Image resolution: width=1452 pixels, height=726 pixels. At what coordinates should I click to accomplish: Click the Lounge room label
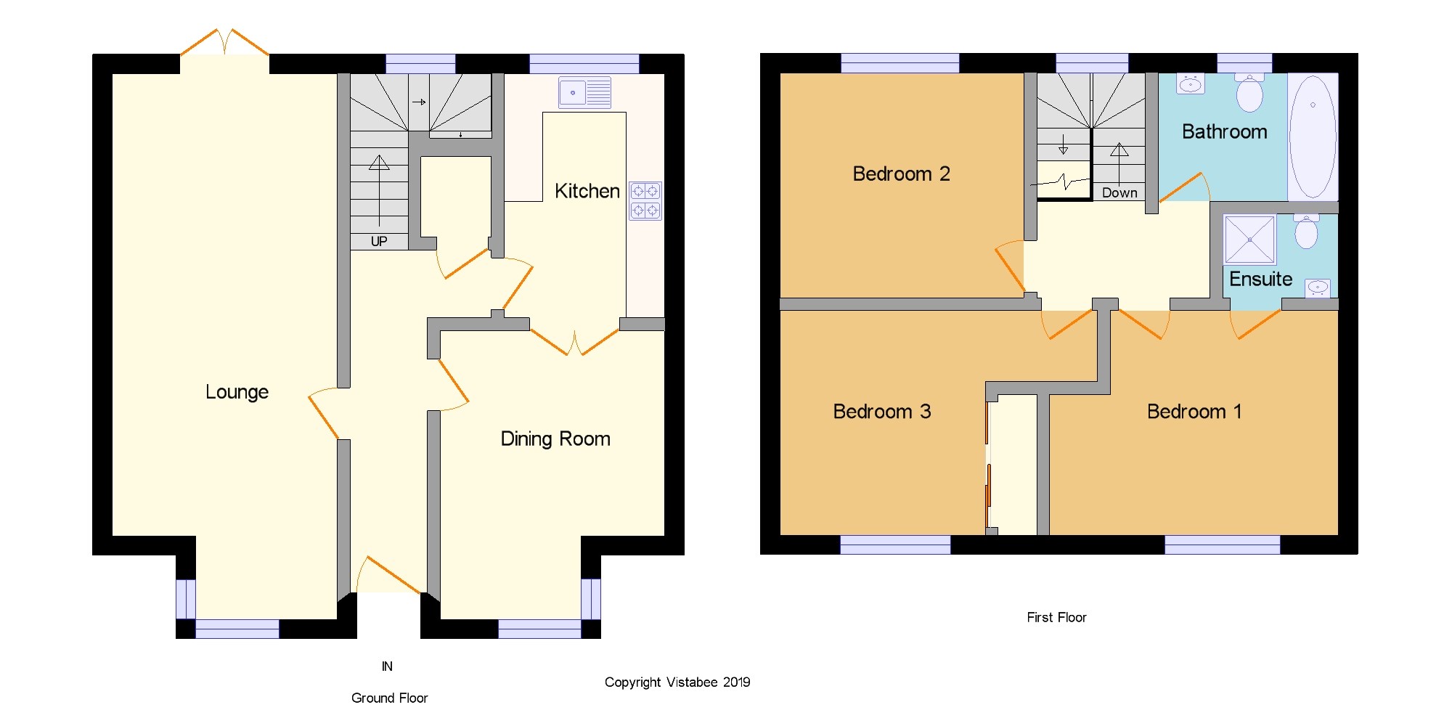click(x=237, y=392)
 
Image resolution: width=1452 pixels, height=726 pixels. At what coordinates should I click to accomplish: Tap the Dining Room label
click(x=555, y=439)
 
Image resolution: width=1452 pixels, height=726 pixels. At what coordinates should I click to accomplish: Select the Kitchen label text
click(x=587, y=191)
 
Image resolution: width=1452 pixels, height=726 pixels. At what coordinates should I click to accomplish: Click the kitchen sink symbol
click(x=584, y=93)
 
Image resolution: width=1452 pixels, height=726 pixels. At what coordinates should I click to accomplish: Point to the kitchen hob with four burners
click(x=645, y=200)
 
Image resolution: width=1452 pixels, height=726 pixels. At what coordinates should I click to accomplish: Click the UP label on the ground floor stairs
click(x=379, y=241)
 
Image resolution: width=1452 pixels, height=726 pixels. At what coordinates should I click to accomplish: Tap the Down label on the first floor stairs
click(x=1119, y=193)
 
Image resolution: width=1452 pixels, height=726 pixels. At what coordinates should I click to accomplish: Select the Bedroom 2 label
click(x=901, y=174)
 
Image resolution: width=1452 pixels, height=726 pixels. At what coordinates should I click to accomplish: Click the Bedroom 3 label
click(x=881, y=412)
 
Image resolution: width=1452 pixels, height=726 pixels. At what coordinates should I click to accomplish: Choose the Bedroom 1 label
click(x=1194, y=412)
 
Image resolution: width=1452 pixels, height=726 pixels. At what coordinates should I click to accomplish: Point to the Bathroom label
click(x=1224, y=131)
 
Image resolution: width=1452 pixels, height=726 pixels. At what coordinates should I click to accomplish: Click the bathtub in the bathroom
click(x=1313, y=136)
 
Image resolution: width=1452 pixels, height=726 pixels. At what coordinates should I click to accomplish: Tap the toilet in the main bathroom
click(x=1249, y=92)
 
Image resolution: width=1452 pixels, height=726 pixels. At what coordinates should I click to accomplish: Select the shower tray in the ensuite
click(x=1249, y=240)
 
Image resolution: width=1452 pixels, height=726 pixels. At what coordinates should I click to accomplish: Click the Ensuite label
click(x=1260, y=280)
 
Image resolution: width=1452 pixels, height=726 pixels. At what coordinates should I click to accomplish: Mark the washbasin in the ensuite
click(x=1318, y=287)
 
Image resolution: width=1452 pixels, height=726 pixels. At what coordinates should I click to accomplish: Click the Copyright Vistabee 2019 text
click(x=677, y=682)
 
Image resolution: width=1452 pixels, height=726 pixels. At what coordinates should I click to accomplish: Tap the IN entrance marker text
click(x=387, y=666)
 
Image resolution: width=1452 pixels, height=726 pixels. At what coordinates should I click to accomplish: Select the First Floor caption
click(x=1056, y=617)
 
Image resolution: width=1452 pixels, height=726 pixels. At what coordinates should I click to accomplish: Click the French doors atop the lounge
click(x=224, y=42)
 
